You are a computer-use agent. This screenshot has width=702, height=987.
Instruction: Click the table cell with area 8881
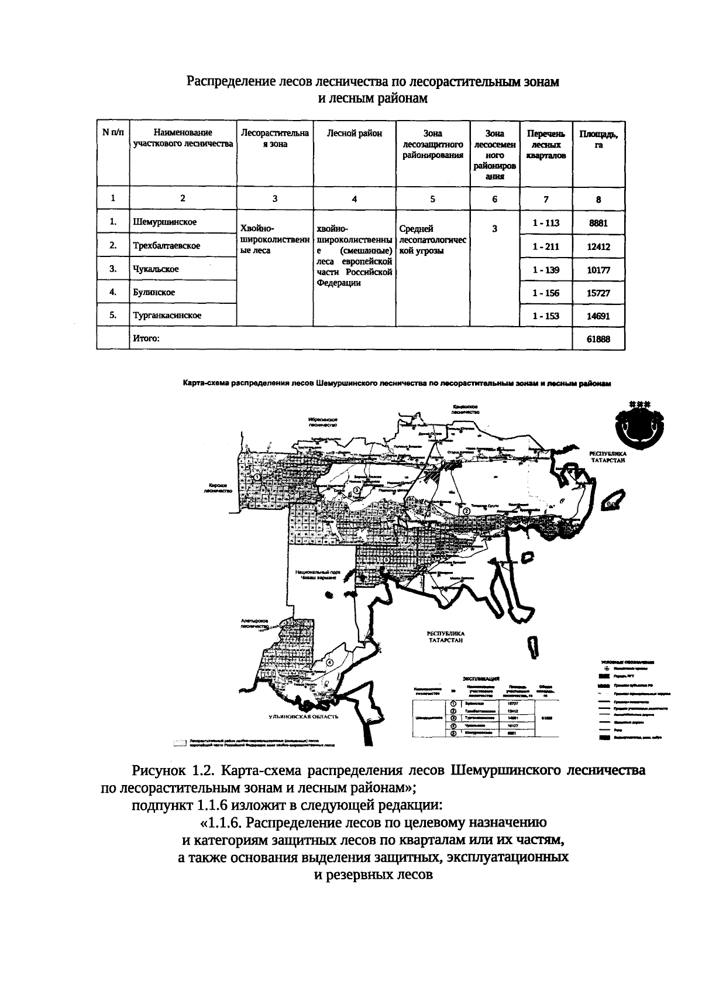click(598, 223)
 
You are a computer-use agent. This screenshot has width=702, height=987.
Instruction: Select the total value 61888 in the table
click(598, 339)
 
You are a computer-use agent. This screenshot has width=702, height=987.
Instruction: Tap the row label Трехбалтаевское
click(167, 246)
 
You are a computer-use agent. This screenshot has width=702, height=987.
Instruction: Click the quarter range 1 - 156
click(545, 293)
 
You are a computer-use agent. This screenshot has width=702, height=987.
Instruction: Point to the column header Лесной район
click(355, 133)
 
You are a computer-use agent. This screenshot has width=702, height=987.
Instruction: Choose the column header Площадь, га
click(598, 139)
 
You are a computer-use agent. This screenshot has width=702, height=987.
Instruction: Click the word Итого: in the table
click(146, 338)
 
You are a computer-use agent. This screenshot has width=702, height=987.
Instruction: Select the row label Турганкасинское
click(167, 316)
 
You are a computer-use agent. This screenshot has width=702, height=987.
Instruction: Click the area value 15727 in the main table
click(598, 293)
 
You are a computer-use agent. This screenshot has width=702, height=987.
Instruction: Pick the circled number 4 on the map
click(330, 662)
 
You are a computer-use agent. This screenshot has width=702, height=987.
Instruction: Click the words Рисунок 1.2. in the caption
click(174, 770)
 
